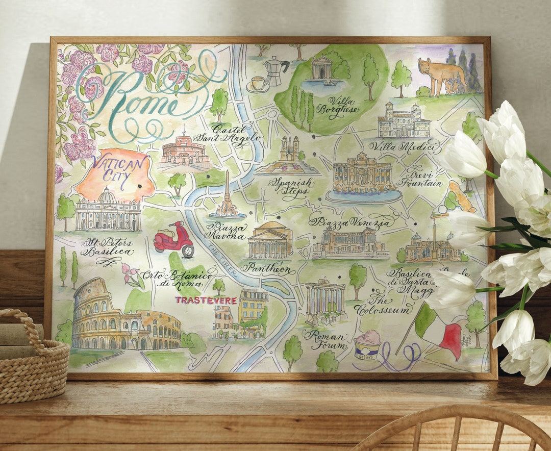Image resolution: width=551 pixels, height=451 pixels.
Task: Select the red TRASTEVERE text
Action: click(x=206, y=300)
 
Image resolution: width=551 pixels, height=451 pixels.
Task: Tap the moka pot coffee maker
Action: click(x=276, y=70)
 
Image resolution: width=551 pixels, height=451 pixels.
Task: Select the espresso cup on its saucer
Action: click(x=258, y=84)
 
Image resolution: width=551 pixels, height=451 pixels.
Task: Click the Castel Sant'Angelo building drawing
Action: click(x=184, y=151)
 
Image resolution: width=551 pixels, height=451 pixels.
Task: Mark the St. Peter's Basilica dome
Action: click(x=106, y=196)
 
